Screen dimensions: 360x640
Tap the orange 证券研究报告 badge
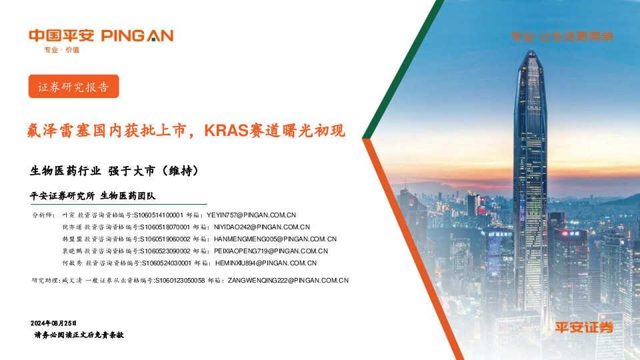tap(73, 87)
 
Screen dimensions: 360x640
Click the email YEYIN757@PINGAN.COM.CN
tap(251, 215)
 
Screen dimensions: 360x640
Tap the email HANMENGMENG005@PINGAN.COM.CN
tap(275, 239)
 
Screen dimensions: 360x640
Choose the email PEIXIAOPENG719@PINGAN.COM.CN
tap(271, 251)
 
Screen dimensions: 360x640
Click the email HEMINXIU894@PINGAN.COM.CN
tap(265, 263)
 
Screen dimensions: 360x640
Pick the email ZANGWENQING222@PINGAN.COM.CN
tap(288, 281)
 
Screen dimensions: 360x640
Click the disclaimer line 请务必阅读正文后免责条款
tap(79, 335)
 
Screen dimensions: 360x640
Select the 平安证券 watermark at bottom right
tap(584, 327)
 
